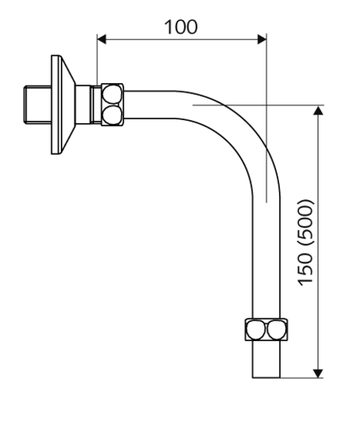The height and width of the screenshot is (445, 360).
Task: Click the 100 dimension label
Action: (180, 27)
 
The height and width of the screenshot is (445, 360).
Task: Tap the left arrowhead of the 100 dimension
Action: (102, 39)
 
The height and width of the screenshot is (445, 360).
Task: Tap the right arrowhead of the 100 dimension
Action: (262, 39)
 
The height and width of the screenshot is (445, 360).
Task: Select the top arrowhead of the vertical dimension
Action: (318, 110)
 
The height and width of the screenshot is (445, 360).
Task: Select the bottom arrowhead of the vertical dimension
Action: (318, 373)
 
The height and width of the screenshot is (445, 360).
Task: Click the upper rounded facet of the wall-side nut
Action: (112, 94)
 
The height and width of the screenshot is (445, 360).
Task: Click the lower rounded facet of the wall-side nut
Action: (112, 116)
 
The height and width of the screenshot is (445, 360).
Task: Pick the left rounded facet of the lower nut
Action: (255, 329)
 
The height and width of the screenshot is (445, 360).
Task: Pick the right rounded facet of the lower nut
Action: (276, 329)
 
